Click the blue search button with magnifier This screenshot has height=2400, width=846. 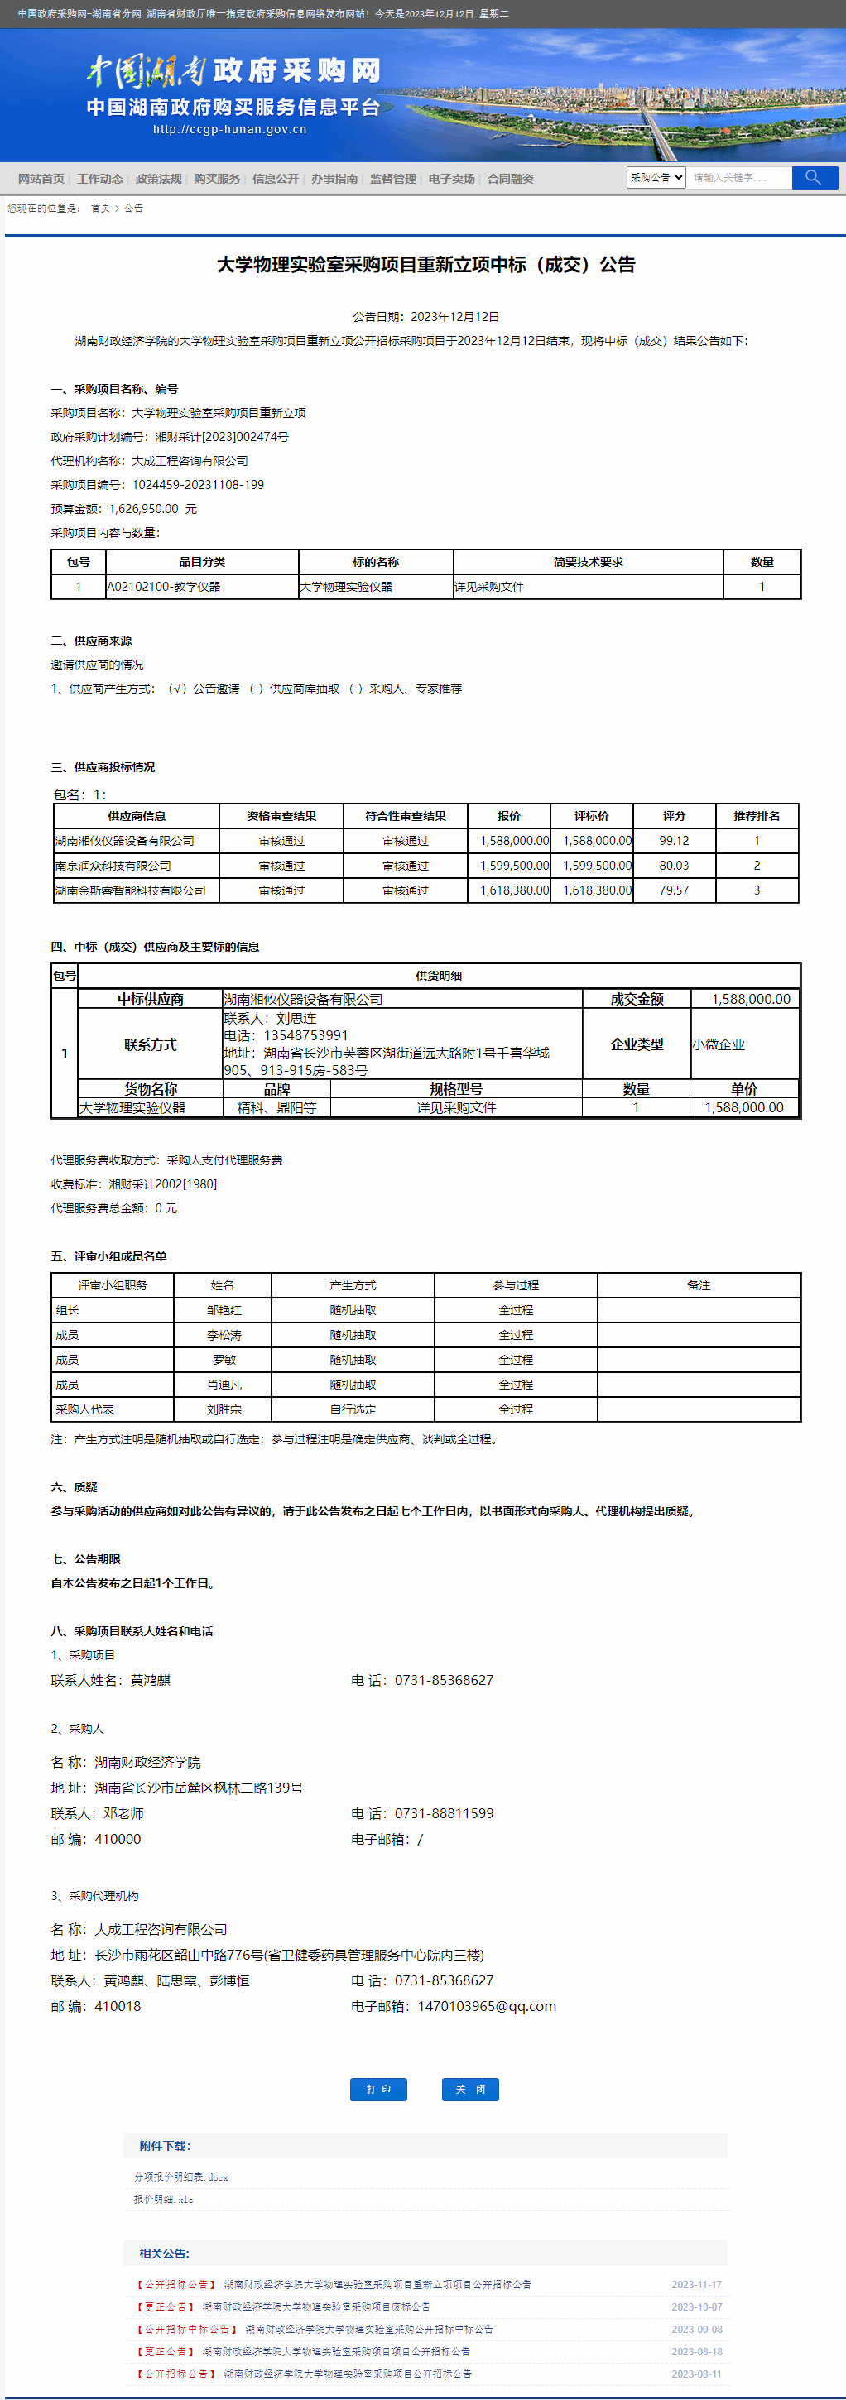point(815,177)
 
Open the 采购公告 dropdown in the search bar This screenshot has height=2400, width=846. point(657,177)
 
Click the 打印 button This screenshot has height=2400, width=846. point(378,2089)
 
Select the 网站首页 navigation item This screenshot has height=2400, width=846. point(41,179)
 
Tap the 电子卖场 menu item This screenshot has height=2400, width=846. point(452,179)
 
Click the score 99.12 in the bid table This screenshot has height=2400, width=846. point(674,840)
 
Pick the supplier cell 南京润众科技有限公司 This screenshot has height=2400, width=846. point(113,866)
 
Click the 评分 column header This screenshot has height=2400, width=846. point(674,816)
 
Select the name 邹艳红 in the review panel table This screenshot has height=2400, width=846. point(224,1310)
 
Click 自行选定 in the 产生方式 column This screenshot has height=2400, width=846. point(353,1409)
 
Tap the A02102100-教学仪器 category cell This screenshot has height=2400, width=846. point(164,587)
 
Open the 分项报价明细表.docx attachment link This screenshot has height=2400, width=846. point(180,2177)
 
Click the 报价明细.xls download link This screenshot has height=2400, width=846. point(163,2200)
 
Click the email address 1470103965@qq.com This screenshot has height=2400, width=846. point(487,2006)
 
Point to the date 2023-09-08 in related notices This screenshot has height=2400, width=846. point(696,2329)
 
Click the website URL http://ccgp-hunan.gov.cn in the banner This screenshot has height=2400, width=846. point(229,129)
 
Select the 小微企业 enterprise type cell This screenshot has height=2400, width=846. point(719,1044)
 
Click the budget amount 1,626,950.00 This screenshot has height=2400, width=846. point(143,509)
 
